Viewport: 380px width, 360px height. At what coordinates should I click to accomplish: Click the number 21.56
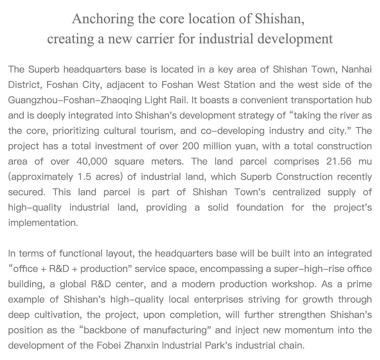click(341, 161)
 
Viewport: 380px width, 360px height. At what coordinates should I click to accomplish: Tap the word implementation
click(43, 223)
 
